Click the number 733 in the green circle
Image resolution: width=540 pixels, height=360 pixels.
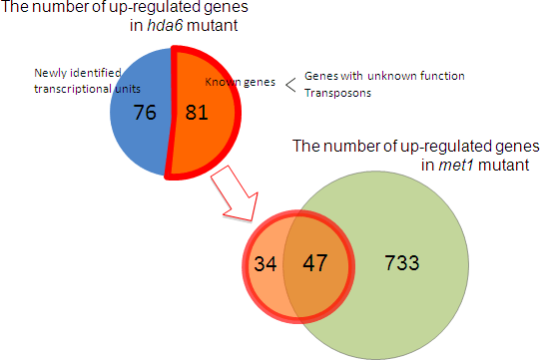tap(403, 263)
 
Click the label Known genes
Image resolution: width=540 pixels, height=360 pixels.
tap(238, 81)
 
